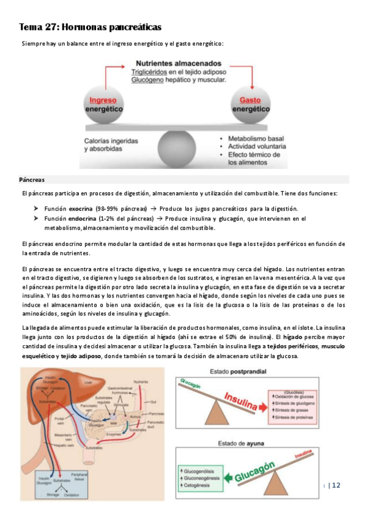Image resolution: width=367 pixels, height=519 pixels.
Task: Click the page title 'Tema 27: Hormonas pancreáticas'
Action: (90, 28)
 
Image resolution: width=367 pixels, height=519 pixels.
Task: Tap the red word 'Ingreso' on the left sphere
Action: (103, 100)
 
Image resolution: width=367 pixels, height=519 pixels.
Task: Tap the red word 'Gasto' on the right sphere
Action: (250, 100)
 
